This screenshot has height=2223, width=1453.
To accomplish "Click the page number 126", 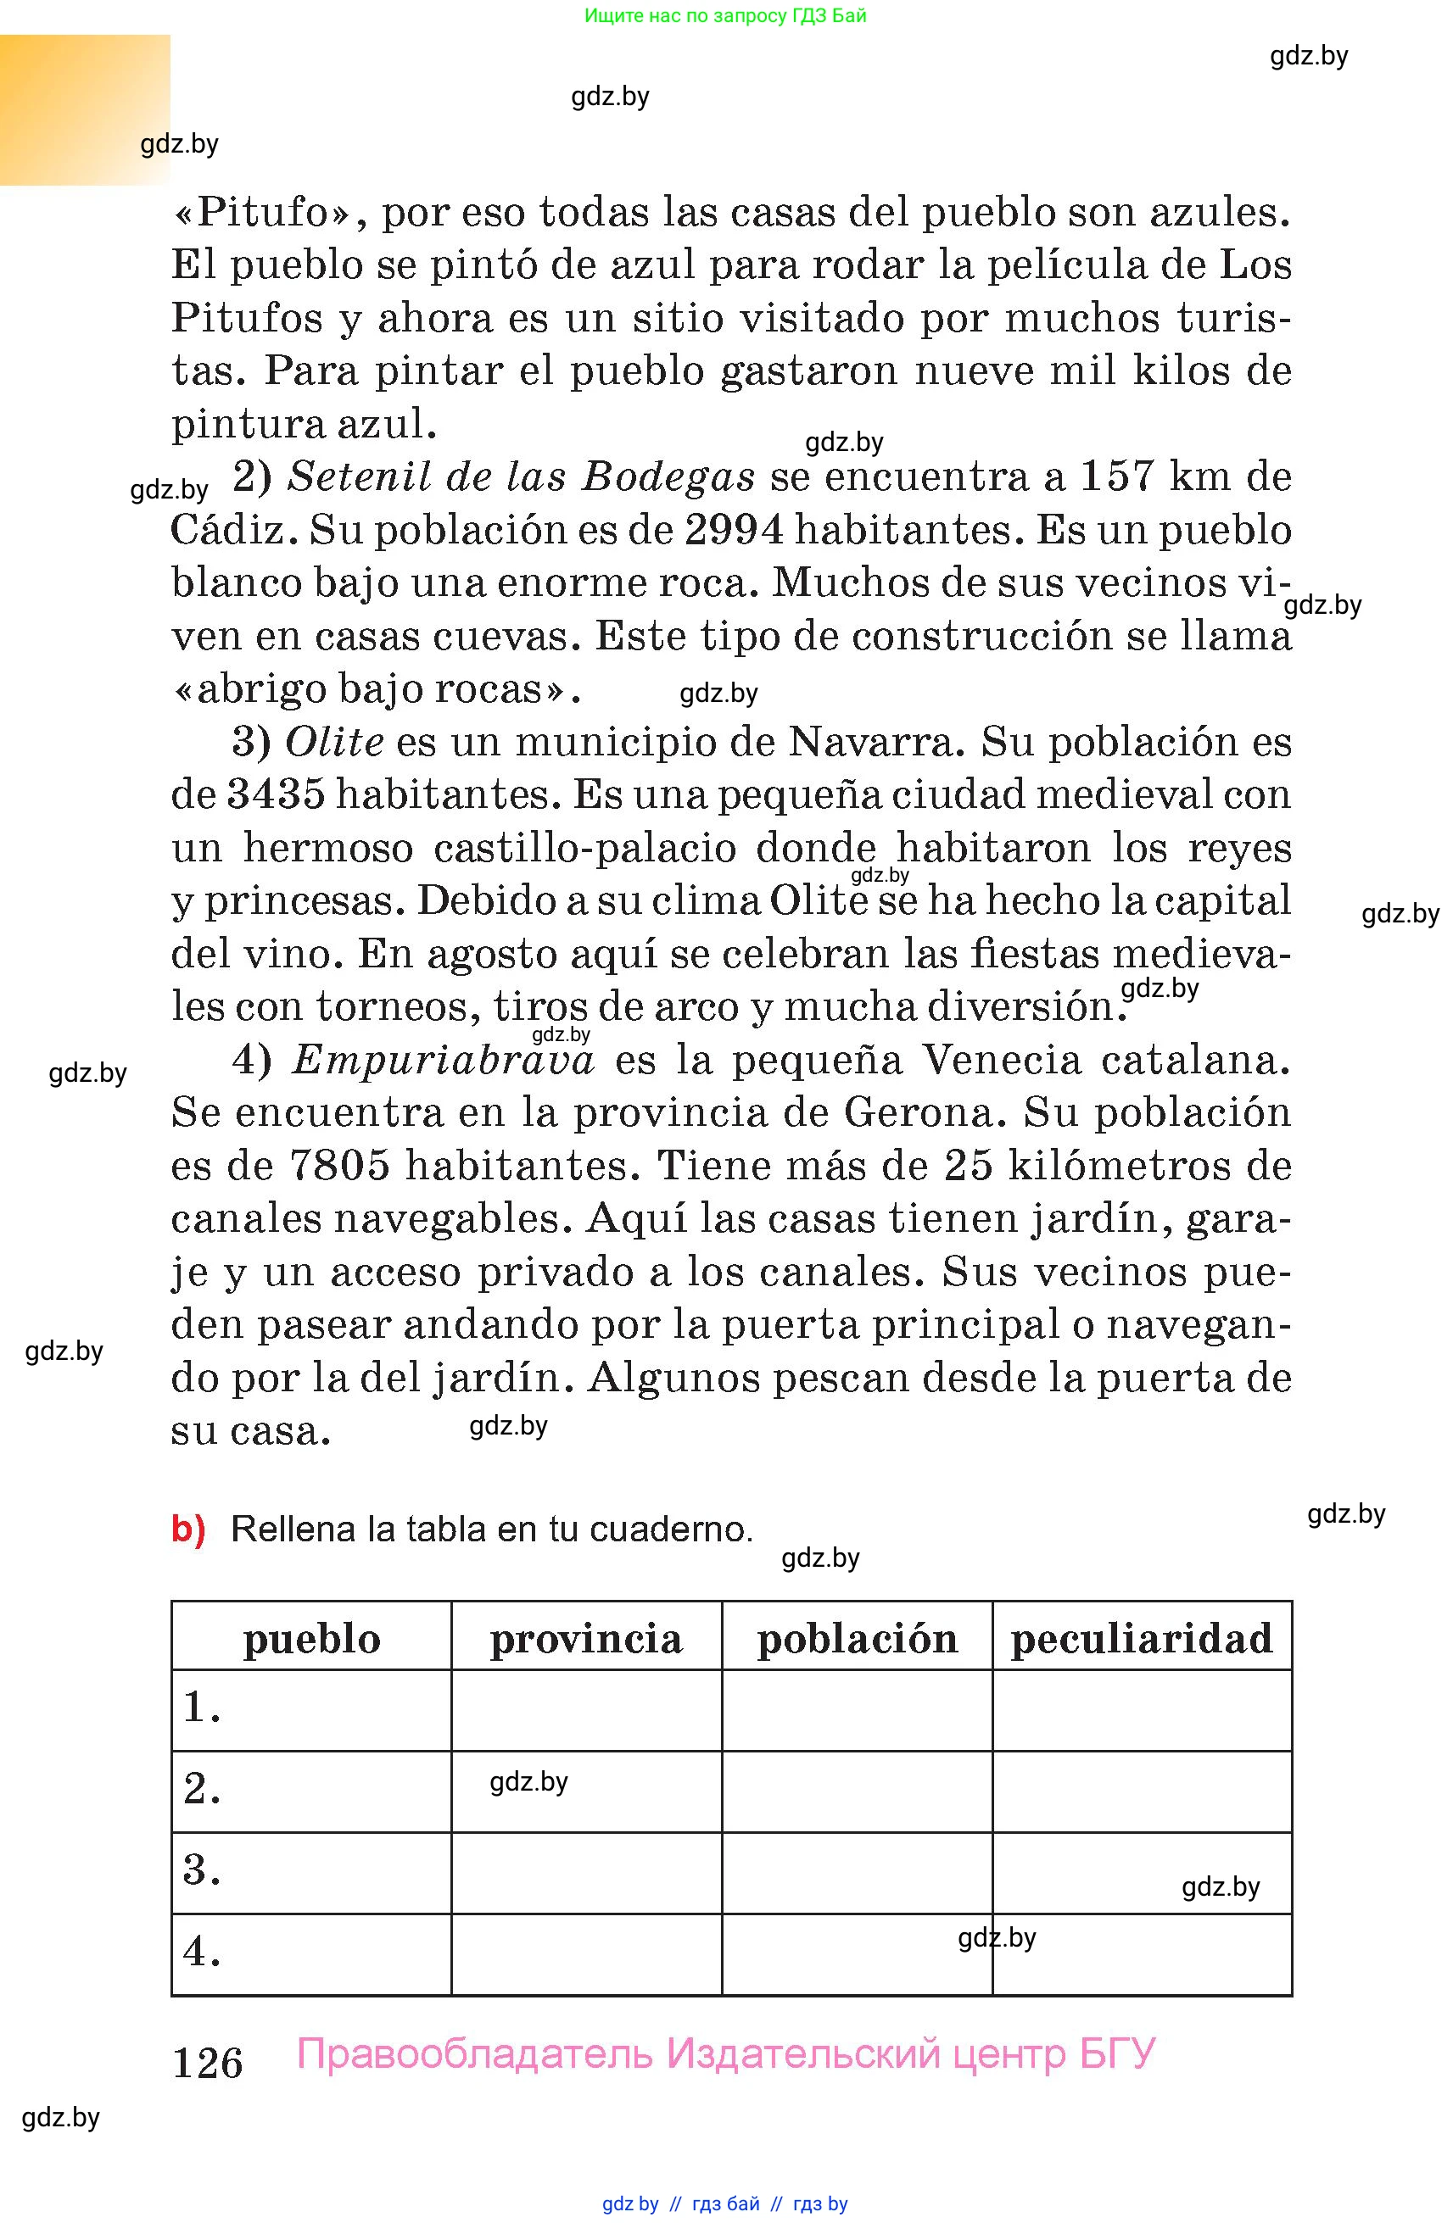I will coord(208,2063).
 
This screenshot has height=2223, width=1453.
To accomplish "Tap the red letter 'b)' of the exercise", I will coord(187,1529).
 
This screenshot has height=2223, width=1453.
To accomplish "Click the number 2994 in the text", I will coord(734,531).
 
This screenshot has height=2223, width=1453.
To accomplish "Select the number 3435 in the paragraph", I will coord(276,795).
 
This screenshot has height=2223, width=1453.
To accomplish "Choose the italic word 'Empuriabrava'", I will coord(443,1060).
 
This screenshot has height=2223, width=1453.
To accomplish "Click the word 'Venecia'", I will coord(1003,1060).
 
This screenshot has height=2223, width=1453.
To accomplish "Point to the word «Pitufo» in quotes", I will coord(261,213).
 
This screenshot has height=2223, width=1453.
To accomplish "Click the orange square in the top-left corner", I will coord(84,109).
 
